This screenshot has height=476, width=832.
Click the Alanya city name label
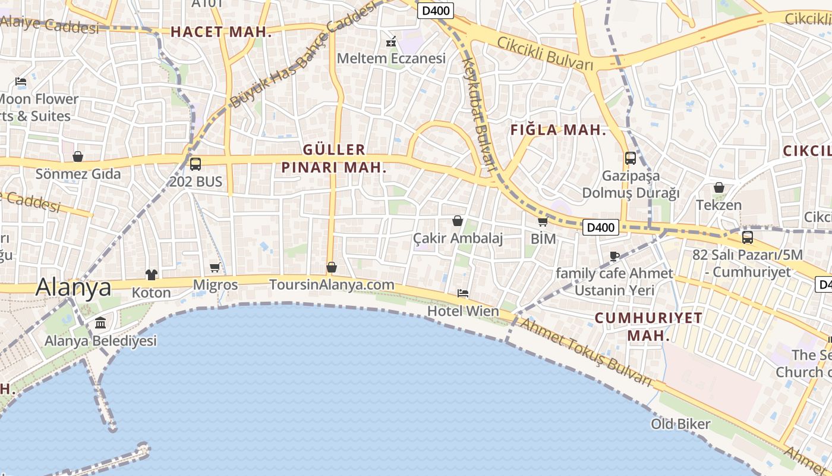point(73,287)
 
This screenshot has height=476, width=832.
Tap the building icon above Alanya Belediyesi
point(100,323)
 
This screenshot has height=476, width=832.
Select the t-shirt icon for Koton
point(152,274)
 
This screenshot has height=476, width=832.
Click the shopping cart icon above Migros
point(215,267)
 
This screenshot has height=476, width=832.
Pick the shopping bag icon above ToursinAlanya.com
point(332,267)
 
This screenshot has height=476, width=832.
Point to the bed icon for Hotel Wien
point(463,293)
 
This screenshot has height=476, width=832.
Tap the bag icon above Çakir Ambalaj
point(458,221)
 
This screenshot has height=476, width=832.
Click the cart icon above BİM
point(543,222)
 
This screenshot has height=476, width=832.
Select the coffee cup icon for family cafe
point(614,256)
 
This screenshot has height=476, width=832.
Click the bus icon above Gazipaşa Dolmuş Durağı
point(631,158)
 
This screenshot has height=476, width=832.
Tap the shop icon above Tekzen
point(719,187)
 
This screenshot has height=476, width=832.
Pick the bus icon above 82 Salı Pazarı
point(748,237)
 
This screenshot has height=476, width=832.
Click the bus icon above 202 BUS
point(196,164)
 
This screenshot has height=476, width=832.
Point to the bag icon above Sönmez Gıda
point(78,156)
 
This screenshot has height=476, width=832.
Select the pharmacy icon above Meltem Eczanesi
point(391,42)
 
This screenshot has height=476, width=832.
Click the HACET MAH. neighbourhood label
point(221,32)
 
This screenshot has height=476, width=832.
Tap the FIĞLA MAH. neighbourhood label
point(558,130)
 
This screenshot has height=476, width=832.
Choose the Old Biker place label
point(680,424)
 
